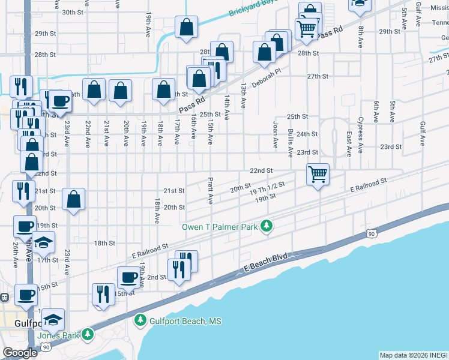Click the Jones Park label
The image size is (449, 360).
58,335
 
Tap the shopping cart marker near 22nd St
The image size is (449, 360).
318,175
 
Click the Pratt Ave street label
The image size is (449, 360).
211,190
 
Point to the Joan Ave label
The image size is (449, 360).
276,135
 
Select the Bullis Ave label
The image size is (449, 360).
290,142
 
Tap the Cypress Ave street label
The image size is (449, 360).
361,135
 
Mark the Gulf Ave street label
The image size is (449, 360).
423,133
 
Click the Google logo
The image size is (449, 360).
20,353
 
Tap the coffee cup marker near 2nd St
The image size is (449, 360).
129,277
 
